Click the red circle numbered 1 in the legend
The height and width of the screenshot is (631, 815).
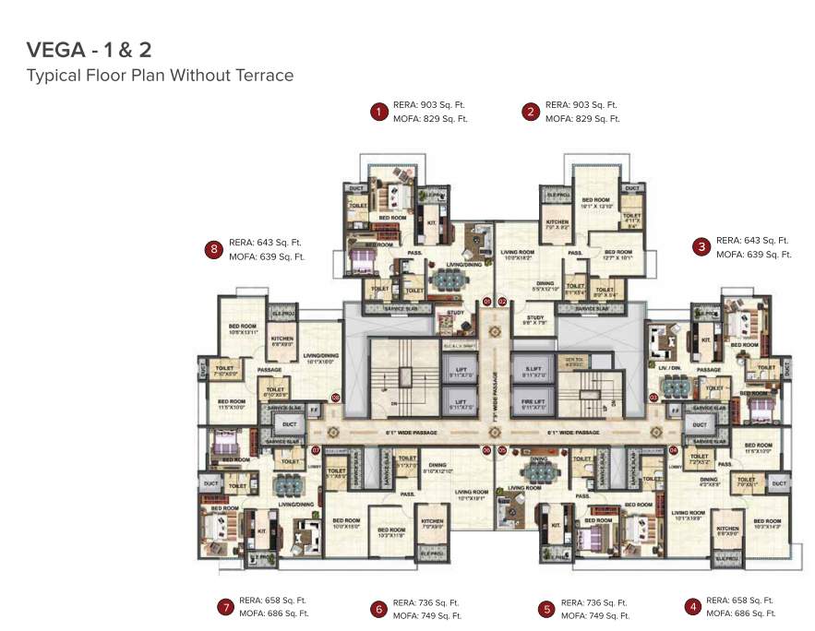pyautogui.click(x=378, y=113)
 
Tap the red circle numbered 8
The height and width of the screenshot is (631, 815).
pyautogui.click(x=214, y=249)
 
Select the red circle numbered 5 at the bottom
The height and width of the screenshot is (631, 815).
pyautogui.click(x=546, y=609)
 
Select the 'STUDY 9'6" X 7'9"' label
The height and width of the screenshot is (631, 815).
pyautogui.click(x=536, y=320)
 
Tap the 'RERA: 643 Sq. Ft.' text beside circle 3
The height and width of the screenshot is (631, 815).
pyautogui.click(x=751, y=240)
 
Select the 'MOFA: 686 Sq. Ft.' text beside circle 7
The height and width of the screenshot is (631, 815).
pyautogui.click(x=274, y=613)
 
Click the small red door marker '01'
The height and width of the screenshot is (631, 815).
pyautogui.click(x=487, y=301)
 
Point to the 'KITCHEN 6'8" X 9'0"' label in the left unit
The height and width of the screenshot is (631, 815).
pyautogui.click(x=282, y=341)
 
